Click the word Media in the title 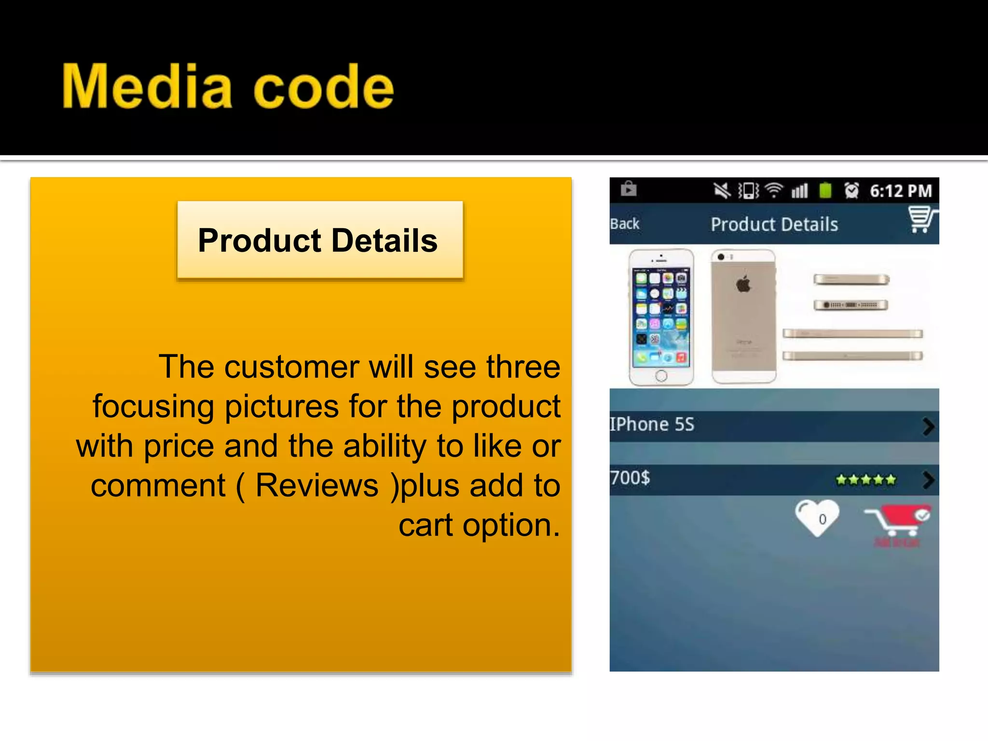[x=147, y=87]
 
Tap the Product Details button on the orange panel [x=320, y=240]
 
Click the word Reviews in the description [x=317, y=485]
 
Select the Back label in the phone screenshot [x=624, y=224]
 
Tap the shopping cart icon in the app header [x=921, y=219]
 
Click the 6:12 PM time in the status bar [x=901, y=191]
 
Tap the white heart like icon [x=817, y=518]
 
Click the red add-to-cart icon [x=897, y=521]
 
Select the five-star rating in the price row [x=866, y=480]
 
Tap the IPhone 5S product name [x=652, y=425]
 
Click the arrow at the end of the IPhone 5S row [x=928, y=426]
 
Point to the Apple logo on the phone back [x=743, y=284]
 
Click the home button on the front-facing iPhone [x=661, y=375]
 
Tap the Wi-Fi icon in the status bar [x=774, y=191]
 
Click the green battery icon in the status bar [x=825, y=191]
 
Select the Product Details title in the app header [x=774, y=224]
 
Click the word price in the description [x=178, y=446]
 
